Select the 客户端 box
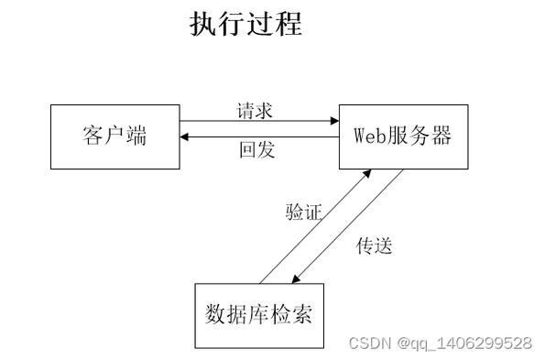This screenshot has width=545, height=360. click(x=114, y=136)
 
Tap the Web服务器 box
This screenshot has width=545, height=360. click(x=403, y=136)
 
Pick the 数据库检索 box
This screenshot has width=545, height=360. click(x=259, y=315)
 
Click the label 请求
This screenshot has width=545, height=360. click(x=255, y=111)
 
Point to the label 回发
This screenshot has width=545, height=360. click(x=256, y=150)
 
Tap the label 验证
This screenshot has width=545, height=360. click(x=303, y=213)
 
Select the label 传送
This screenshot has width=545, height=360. click(x=374, y=245)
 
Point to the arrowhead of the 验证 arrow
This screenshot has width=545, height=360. click(x=367, y=173)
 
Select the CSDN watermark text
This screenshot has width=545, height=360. click(x=369, y=343)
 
